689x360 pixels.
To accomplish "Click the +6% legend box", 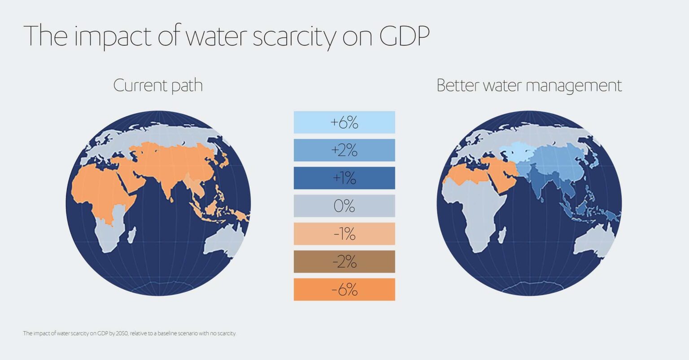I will point(344,122).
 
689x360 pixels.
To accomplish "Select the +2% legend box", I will point(344,150).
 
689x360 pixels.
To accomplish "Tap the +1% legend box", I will point(344,178).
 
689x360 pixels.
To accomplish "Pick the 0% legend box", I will point(344,206).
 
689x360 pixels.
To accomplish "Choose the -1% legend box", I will point(344,233).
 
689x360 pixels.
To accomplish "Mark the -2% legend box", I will point(344,261).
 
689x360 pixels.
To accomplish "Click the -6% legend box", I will point(344,290).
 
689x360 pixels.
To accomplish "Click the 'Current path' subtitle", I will point(158,85).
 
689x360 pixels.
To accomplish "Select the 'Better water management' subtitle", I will point(529,85).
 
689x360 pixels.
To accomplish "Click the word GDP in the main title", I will point(404,36).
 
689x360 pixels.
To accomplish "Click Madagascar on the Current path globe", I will point(131,235).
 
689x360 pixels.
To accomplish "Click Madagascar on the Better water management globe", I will point(502,235).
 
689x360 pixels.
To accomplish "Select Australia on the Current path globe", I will point(224,242).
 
